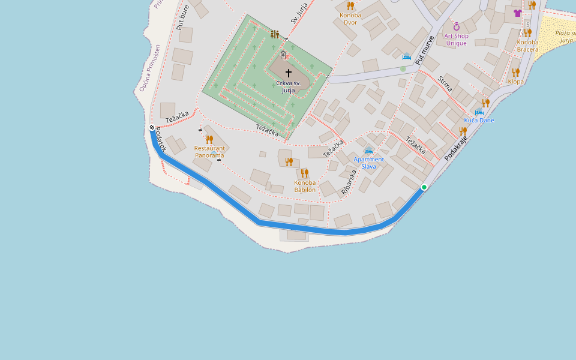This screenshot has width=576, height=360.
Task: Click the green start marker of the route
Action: click(x=424, y=187)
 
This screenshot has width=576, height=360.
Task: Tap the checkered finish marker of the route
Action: click(x=152, y=127)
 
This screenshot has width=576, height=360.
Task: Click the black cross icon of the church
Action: click(x=289, y=73)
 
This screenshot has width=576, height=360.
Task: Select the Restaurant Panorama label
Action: click(x=209, y=151)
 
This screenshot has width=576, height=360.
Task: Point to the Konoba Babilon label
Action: click(x=305, y=186)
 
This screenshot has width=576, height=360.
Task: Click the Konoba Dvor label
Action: click(x=350, y=19)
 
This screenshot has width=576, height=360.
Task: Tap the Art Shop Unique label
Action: click(x=456, y=39)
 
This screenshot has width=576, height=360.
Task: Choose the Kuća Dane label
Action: click(x=479, y=121)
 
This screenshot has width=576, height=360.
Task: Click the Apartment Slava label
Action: click(x=368, y=163)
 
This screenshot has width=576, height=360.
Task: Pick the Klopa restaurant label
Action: click(x=515, y=82)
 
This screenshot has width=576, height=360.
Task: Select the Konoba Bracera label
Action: click(x=527, y=46)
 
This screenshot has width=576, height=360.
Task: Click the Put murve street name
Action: click(x=425, y=50)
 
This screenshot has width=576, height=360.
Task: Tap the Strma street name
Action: click(x=445, y=83)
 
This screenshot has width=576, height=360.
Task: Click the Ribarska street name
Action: click(x=349, y=181)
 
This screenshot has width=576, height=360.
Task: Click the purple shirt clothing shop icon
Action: click(x=518, y=13)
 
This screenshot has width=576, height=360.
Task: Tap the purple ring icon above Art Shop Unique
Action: click(x=456, y=26)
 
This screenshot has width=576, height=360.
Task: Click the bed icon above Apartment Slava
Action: click(x=368, y=151)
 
